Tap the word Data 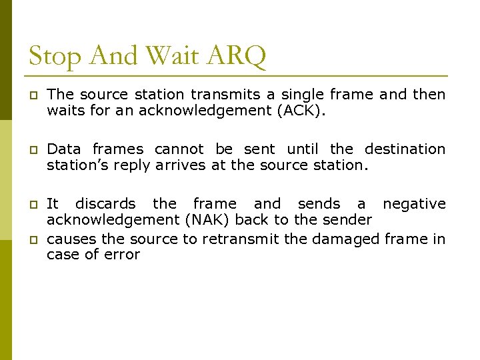[65, 149]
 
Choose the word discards [105, 204]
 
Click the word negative [414, 204]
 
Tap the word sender [347, 220]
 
